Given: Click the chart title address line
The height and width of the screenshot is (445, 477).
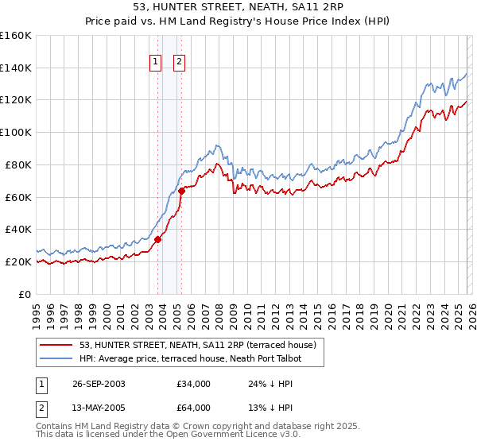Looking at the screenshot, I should click(238, 7).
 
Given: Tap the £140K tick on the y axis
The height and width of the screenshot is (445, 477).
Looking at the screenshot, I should click(16, 68).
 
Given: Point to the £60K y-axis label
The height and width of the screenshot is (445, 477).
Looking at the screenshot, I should click(18, 197).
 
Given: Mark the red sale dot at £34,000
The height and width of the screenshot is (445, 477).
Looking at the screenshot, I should click(158, 239).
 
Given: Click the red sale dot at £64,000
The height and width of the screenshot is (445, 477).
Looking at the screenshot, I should click(181, 190).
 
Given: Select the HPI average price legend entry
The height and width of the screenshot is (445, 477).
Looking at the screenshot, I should click(190, 358).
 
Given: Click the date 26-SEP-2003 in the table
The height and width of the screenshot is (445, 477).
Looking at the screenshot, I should click(99, 384).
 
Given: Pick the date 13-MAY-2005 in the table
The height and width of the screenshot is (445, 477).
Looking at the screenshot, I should click(99, 408).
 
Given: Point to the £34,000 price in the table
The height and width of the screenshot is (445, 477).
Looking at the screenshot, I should click(193, 384).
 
